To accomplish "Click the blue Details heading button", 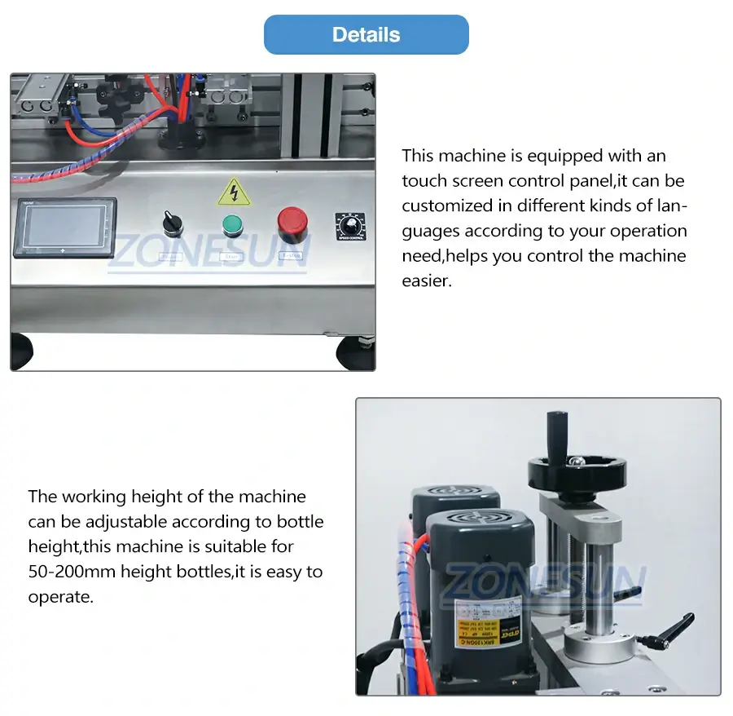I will pos(366,35).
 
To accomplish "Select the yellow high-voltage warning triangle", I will pos(234,193).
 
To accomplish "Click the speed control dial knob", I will pos(352,224).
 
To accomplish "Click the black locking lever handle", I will pos(673,630).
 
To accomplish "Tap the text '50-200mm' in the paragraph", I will pos(72,572).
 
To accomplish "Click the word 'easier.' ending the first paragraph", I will pos(426,281).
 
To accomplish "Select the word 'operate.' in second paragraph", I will pos(61,597).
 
